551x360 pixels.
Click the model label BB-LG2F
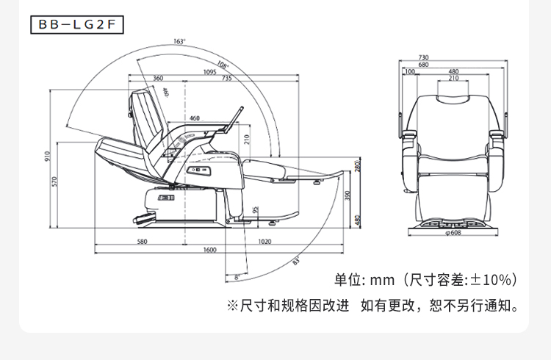(x=77, y=24)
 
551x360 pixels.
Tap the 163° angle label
(x=179, y=41)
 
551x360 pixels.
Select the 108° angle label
(x=223, y=65)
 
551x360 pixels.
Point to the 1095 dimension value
(x=210, y=72)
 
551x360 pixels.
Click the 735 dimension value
(x=227, y=78)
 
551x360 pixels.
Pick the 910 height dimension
(x=48, y=156)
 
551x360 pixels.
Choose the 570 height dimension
(x=54, y=181)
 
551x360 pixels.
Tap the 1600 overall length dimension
(x=210, y=250)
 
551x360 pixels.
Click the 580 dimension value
(x=142, y=242)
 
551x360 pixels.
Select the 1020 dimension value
(x=264, y=242)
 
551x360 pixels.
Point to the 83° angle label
(x=296, y=262)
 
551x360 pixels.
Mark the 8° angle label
(x=237, y=278)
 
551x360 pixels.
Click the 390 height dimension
(x=347, y=195)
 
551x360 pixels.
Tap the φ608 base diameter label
(x=453, y=232)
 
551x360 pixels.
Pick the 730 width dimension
(x=423, y=57)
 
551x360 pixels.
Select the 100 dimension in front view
(x=410, y=71)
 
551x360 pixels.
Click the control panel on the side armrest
(x=198, y=171)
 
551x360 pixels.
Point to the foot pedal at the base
(x=143, y=218)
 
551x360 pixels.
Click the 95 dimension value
(x=256, y=210)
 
